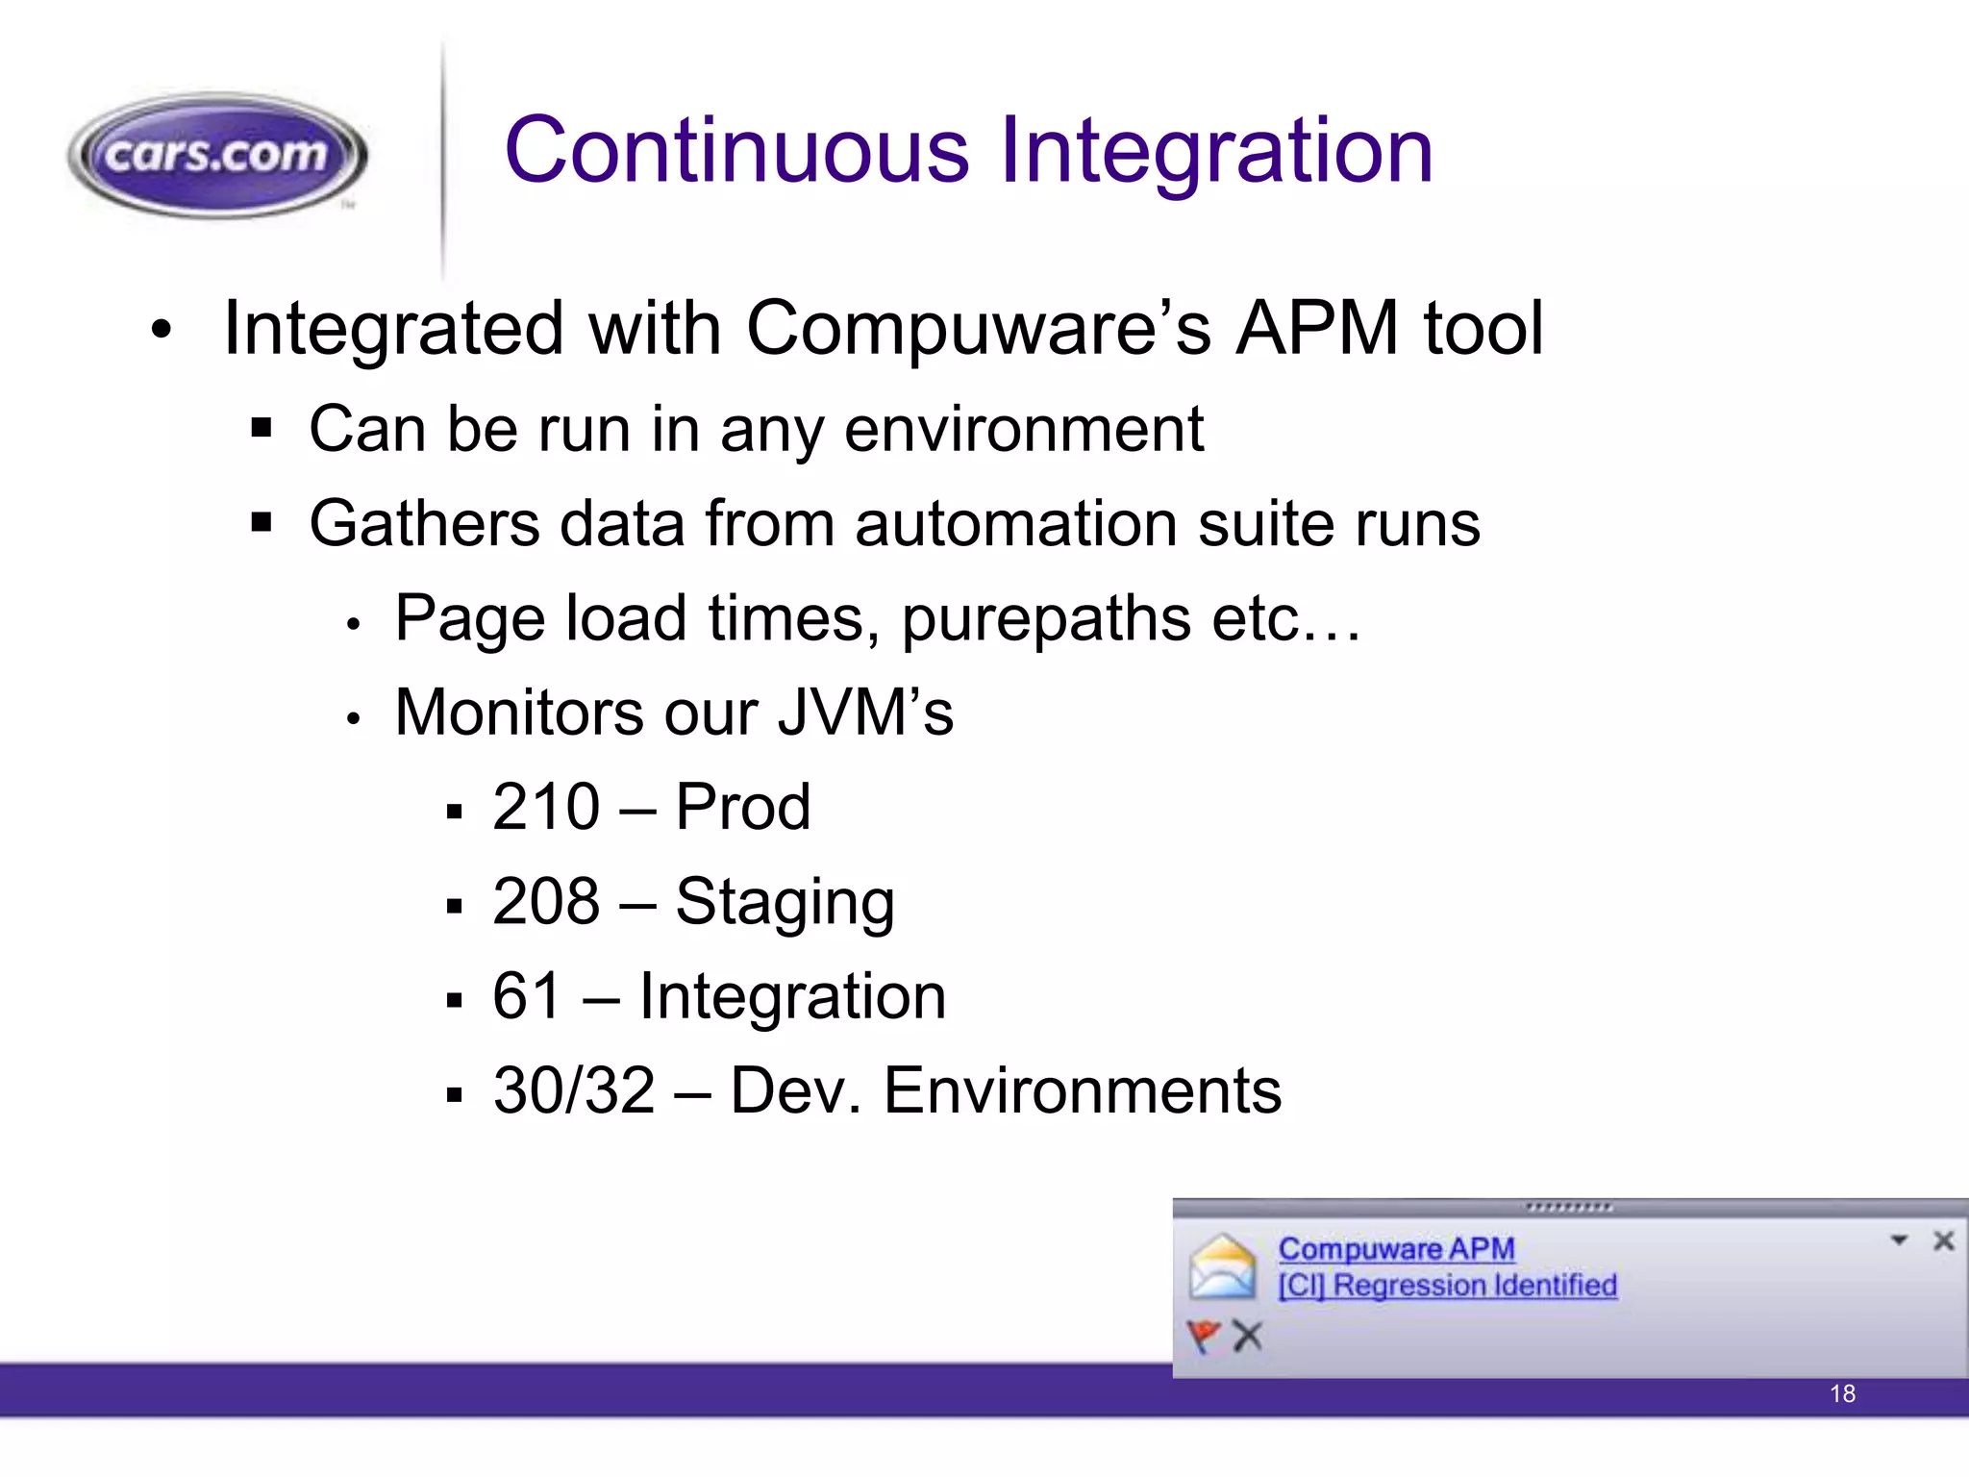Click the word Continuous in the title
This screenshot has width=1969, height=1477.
click(x=736, y=150)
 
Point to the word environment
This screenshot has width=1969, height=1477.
click(x=1023, y=429)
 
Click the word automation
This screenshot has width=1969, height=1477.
click(x=1015, y=524)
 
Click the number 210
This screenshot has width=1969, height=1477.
click(x=546, y=807)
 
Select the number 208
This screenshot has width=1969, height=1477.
click(x=546, y=901)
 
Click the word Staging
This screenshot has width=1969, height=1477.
click(x=785, y=903)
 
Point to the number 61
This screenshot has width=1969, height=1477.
click(x=526, y=995)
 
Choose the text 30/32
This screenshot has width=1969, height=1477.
click(x=574, y=1090)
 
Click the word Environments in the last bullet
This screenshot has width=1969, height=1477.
click(x=1082, y=1090)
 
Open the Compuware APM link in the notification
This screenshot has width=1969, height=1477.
click(x=1396, y=1249)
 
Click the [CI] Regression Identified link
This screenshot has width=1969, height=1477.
click(x=1447, y=1286)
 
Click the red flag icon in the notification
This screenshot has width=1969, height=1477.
click(x=1203, y=1336)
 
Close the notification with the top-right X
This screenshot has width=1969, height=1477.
click(x=1943, y=1240)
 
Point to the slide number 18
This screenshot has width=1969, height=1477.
click(x=1842, y=1393)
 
